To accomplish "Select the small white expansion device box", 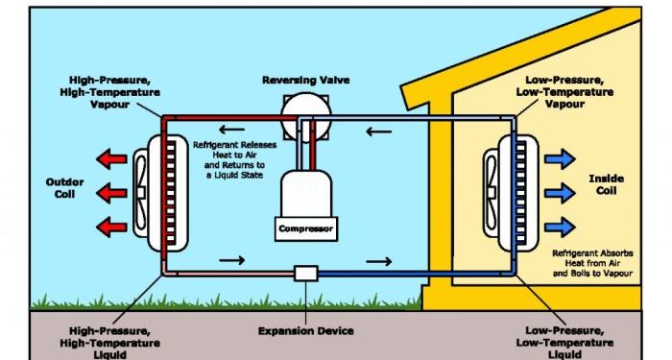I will coord(306,274).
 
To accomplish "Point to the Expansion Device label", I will coord(305,330).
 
